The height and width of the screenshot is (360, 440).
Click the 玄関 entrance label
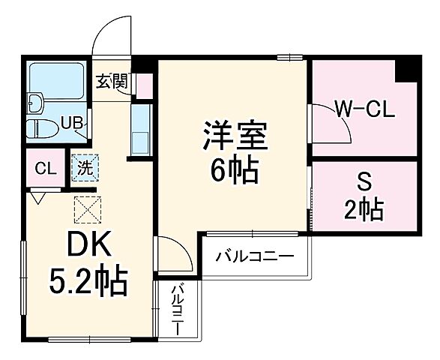(111, 82)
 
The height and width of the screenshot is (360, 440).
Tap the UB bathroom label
(72, 121)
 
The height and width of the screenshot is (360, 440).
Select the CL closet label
(45, 168)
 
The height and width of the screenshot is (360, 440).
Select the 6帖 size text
(234, 172)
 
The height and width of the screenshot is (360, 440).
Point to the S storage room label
(364, 182)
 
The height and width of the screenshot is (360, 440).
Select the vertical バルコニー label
(178, 309)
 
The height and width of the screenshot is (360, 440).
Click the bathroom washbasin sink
(35, 101)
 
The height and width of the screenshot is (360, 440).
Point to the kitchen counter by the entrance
(141, 129)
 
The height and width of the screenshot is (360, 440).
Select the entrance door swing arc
(112, 34)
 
